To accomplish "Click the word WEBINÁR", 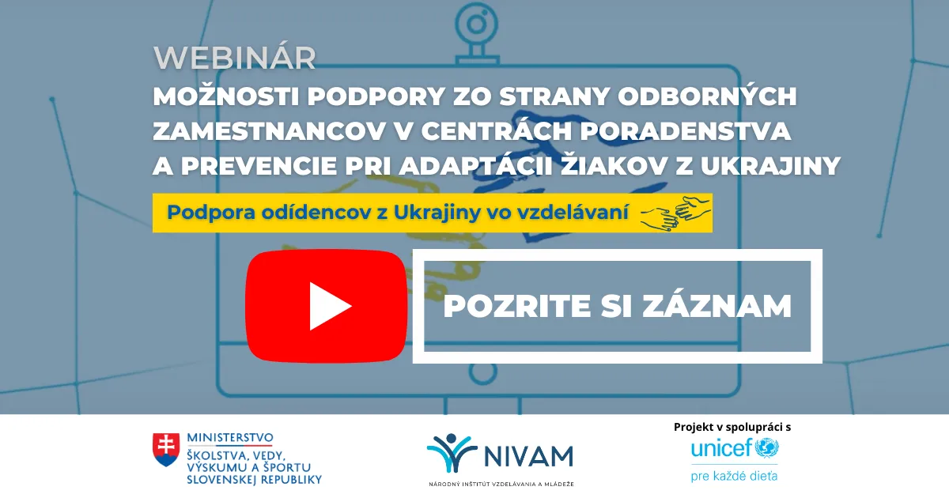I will point(235,58).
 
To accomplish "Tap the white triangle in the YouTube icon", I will point(328,305).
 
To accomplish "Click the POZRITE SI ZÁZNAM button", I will point(618,306).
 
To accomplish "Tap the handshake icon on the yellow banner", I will point(675,213).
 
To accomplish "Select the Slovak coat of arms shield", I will point(166,450).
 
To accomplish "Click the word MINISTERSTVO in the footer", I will point(230,437).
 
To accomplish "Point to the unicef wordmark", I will point(721,449).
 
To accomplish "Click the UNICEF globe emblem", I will point(766,449).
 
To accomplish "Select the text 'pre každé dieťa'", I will point(733,475).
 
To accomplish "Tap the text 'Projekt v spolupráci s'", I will point(732,427).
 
